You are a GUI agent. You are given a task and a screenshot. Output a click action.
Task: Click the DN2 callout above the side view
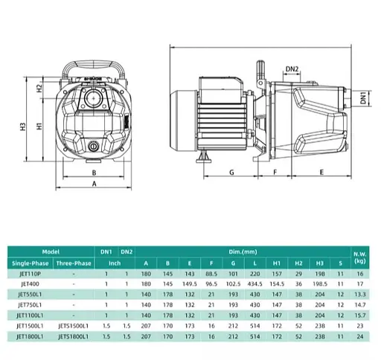coord(292,70)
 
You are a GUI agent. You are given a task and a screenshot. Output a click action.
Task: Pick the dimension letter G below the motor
coord(231,172)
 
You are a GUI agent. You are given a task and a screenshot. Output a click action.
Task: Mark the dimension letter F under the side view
coord(275,172)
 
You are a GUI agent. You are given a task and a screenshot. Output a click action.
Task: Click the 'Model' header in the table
coord(51,253)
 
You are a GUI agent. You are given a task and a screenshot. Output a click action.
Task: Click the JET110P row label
coord(29,274)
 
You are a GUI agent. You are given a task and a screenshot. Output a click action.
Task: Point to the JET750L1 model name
coord(29,305)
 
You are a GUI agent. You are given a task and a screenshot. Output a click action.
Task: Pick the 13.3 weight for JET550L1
coord(361,295)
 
